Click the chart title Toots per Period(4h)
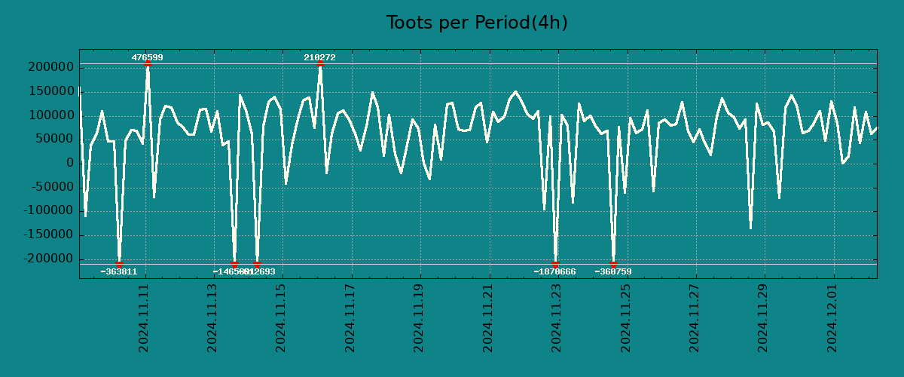pos(477,23)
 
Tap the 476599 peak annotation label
pos(147,57)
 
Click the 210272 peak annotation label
pos(319,57)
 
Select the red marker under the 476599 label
pos(148,63)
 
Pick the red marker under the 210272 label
pos(320,63)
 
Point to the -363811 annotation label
pos(119,271)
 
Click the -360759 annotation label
pos(613,271)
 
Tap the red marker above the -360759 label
pos(613,265)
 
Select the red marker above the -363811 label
pos(119,265)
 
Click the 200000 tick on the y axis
pos(50,67)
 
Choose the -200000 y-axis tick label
pos(47,259)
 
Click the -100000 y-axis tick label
pos(47,211)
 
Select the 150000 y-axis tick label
pos(50,91)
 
